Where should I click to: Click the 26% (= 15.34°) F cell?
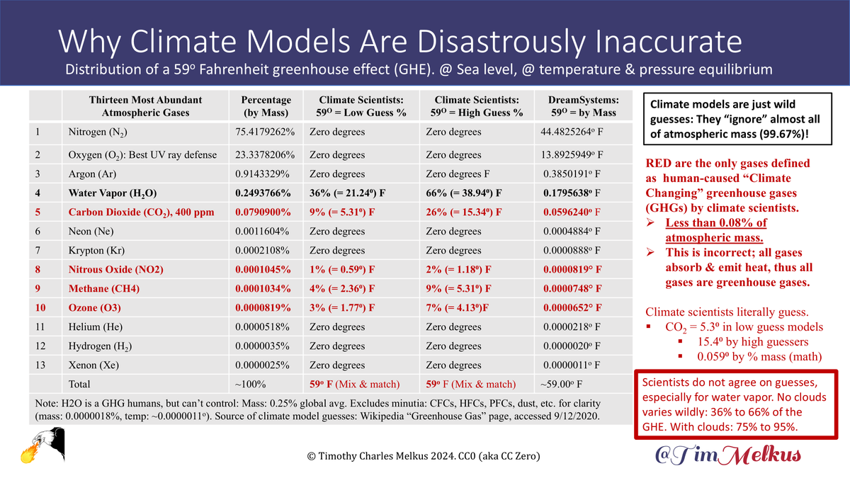(x=463, y=211)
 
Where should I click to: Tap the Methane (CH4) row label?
(x=105, y=288)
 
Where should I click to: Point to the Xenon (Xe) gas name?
(x=90, y=365)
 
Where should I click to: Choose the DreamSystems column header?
(x=577, y=106)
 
